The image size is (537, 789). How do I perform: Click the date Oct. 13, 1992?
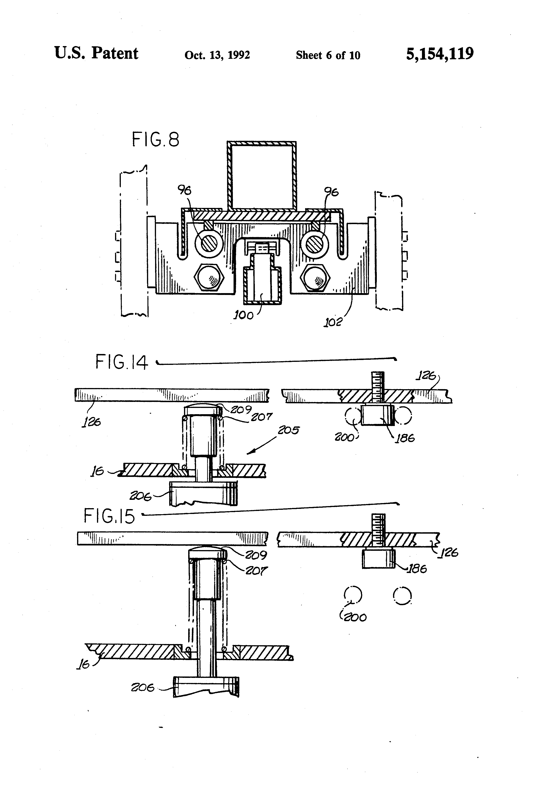217,55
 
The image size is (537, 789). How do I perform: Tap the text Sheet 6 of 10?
328,55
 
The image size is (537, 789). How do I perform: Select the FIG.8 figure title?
156,140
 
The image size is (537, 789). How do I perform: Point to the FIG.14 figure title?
122,362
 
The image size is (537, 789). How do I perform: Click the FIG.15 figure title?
109,516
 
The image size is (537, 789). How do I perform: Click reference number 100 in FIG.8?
243,315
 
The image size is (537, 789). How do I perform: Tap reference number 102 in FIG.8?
333,322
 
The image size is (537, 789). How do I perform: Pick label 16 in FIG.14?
97,472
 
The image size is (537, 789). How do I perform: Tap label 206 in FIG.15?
143,688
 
